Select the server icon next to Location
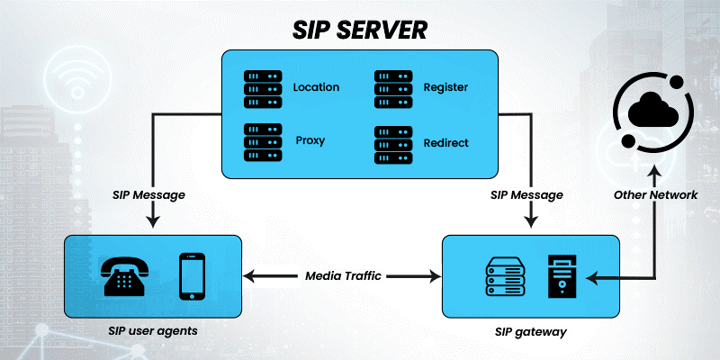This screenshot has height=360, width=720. point(263,87)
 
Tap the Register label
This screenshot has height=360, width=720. point(446,87)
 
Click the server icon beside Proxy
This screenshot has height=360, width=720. point(263,141)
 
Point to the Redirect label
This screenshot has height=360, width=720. point(446,142)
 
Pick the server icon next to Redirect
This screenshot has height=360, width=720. point(393,143)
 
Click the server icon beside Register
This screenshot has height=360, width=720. point(393,87)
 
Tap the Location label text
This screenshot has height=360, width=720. point(316,87)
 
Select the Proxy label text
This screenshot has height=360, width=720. point(310,140)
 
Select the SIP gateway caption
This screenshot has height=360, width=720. point(530,331)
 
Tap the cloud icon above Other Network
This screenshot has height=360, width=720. point(654,112)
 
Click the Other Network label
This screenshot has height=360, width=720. point(655,193)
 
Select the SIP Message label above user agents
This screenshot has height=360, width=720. point(150,193)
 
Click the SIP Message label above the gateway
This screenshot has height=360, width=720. point(526,193)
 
